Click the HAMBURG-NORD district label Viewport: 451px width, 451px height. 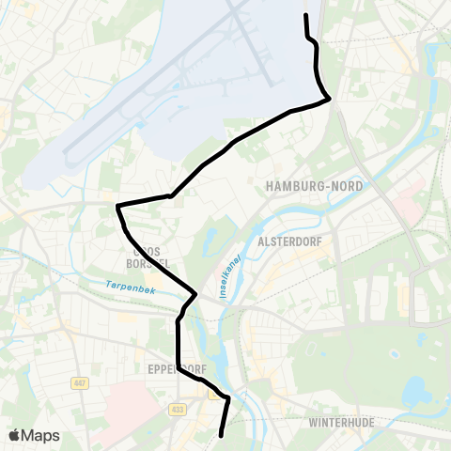click(315, 186)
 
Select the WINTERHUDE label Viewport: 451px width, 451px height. click(342, 423)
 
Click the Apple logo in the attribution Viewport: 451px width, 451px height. click(14, 435)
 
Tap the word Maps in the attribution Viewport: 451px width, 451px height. click(40, 435)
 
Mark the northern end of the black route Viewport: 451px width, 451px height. click(306, 15)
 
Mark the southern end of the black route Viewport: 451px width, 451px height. click(221, 435)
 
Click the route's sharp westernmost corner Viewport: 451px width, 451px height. click(117, 206)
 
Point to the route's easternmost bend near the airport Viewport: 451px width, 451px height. click(329, 99)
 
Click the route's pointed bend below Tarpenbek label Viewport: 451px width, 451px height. click(195, 294)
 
